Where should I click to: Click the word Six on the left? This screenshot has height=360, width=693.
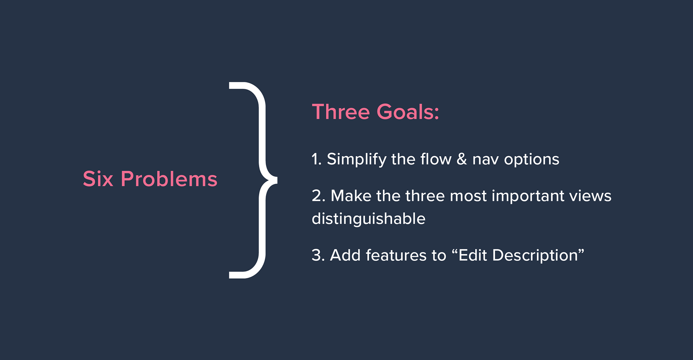tap(98, 179)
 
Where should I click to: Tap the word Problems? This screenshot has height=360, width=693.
tap(169, 179)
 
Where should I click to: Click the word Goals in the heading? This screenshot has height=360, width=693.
tap(408, 112)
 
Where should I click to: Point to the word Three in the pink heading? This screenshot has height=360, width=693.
tap(341, 112)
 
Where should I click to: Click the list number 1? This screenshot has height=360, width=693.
tap(317, 159)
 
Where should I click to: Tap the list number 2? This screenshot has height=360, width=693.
tap(319, 196)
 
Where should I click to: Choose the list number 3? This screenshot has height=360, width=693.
tap(319, 255)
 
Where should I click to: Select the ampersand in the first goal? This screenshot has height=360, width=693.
tap(462, 159)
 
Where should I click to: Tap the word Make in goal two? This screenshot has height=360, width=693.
tap(351, 196)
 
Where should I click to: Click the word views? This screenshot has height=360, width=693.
tap(590, 196)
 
